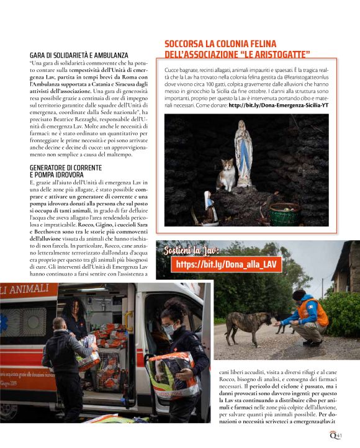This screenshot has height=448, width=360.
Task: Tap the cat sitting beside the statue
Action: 226,175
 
